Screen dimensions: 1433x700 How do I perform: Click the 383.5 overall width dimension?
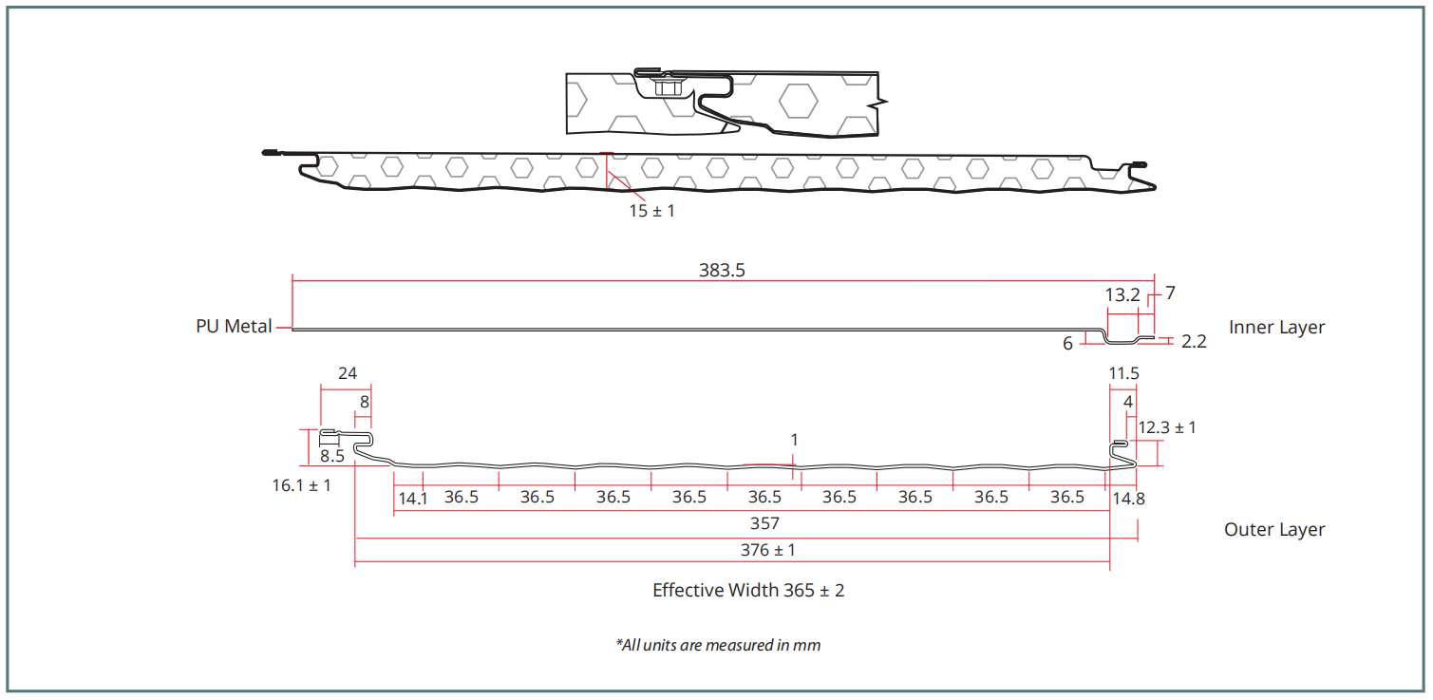click(722, 270)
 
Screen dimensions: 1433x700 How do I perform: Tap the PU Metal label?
click(234, 327)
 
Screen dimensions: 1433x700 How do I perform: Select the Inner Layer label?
click(1276, 328)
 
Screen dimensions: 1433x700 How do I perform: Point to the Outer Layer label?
click(1274, 530)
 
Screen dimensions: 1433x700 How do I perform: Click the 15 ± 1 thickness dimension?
click(651, 211)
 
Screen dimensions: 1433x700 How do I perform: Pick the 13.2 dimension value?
click(1122, 295)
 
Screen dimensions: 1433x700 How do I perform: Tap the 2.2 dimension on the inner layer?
click(1194, 342)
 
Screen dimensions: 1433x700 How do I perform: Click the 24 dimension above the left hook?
click(348, 373)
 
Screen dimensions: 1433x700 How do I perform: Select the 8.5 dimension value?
click(332, 456)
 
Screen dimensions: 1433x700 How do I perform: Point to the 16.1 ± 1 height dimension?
click(301, 485)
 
